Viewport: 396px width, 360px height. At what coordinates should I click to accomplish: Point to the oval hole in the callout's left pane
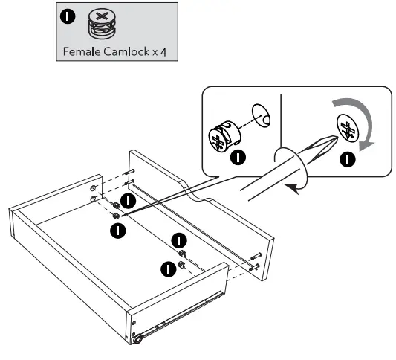pyautogui.click(x=262, y=114)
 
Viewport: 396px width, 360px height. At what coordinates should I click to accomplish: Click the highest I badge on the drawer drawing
pyautogui.click(x=129, y=200)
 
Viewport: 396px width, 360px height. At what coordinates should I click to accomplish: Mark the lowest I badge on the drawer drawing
pyautogui.click(x=168, y=269)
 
